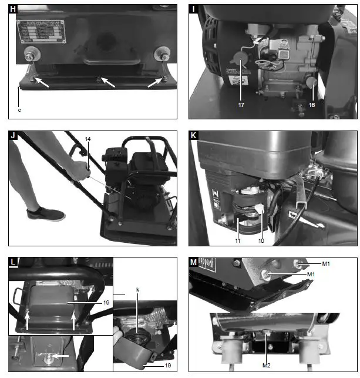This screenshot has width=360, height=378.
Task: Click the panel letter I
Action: coord(194,9)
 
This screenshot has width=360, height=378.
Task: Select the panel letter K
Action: coord(194,136)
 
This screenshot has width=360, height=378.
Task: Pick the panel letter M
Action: coord(194,262)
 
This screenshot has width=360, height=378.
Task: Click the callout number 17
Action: coord(241,106)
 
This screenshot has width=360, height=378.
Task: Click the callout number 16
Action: coord(311,106)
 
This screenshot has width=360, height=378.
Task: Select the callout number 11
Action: coord(238,240)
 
